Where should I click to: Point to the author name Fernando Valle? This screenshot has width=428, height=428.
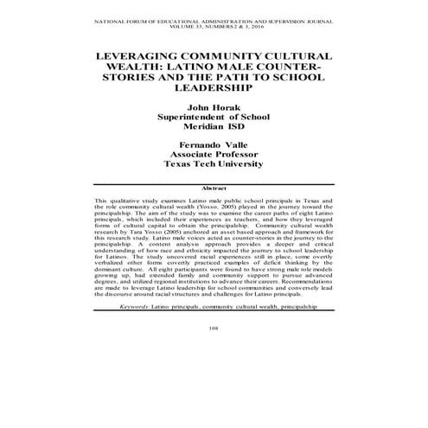214,142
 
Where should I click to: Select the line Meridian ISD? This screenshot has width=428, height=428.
214,130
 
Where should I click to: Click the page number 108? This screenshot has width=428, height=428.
214,353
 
